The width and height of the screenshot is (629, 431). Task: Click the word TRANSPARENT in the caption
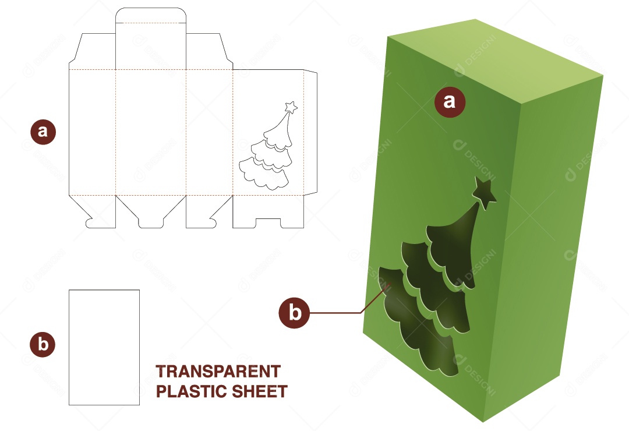point(218,372)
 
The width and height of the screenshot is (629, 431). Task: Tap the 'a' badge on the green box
point(450,102)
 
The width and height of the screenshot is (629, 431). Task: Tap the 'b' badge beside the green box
point(295,313)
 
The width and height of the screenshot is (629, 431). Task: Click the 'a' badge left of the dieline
point(43,132)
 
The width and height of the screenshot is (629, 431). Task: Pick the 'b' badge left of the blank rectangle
point(43,344)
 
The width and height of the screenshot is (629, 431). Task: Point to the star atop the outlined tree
point(291,107)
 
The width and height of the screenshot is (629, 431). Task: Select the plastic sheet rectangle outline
point(104,347)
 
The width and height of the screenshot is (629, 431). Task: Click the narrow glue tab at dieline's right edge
point(310,132)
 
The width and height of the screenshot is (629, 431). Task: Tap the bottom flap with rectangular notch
point(268,212)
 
